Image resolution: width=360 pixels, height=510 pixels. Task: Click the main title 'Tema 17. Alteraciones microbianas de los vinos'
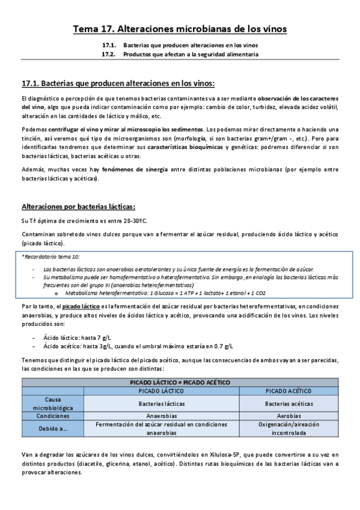click(180, 29)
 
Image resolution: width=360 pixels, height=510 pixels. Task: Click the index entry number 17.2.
click(108, 54)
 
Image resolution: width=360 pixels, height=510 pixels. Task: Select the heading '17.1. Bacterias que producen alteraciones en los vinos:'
click(117, 83)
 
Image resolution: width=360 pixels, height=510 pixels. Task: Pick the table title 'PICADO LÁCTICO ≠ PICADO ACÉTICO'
click(180, 382)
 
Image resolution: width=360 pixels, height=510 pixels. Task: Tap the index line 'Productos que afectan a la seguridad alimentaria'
click(191, 54)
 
